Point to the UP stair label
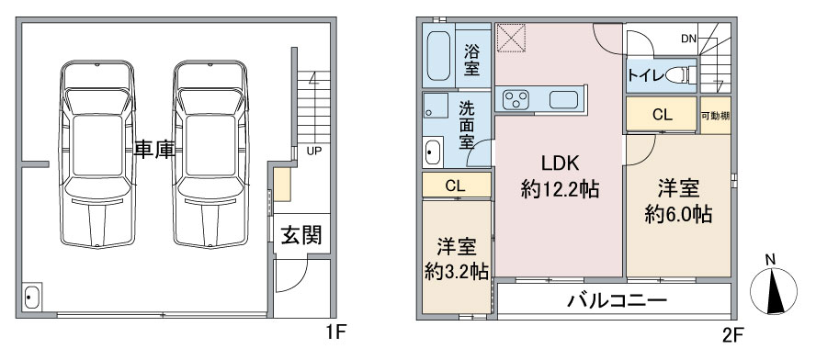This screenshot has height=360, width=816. click(x=313, y=150)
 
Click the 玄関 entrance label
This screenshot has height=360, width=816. click(x=300, y=235)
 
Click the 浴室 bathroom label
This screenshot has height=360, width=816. click(x=472, y=59)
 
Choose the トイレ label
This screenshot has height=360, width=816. click(x=645, y=75)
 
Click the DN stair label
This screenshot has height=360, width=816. click(x=689, y=39)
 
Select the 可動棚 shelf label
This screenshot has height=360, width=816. click(x=715, y=116)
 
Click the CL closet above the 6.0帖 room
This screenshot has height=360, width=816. click(x=662, y=116)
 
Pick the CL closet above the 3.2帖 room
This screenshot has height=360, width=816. click(x=456, y=185)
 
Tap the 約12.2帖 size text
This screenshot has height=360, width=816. click(x=560, y=190)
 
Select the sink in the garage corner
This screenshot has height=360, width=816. click(x=32, y=298)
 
